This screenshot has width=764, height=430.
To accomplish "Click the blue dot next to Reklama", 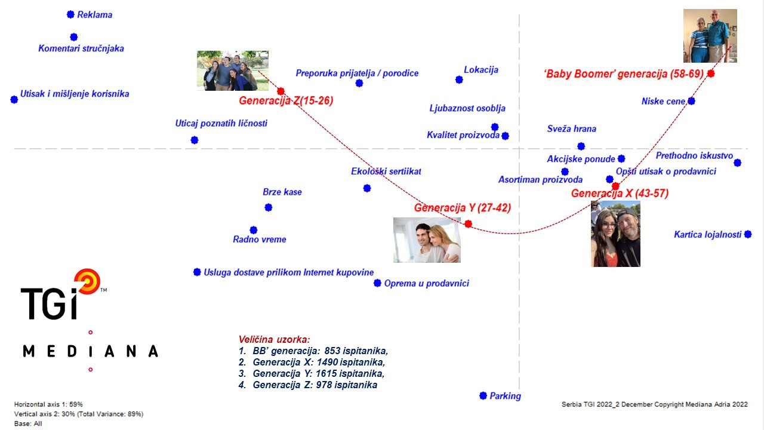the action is coord(70,14).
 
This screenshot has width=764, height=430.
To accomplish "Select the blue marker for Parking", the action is coord(483,395).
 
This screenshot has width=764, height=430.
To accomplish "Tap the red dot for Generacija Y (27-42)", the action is coord(469,224).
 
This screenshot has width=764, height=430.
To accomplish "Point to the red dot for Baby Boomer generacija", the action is coord(711,73).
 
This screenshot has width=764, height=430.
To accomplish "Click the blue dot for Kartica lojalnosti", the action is coord(748,234).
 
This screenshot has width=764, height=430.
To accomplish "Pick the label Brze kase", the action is coord(282,192).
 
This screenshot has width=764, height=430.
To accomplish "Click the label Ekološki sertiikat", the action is coord(386,171).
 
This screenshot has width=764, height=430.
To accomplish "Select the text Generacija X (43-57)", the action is coord(620,193).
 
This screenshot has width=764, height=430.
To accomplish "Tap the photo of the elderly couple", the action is coord(710,36).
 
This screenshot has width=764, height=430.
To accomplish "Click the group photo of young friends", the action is coord(233,70).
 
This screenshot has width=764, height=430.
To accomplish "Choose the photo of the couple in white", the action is coord(427,240).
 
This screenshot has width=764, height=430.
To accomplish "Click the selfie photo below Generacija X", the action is coord(615,234).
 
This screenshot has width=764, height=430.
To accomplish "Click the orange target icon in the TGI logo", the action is coord(88,281).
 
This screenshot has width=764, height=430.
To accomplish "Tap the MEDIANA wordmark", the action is coord(90,351).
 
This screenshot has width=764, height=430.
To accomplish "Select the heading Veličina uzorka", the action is coord(274,339).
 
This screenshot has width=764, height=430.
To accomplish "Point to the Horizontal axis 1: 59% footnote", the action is coord(48,404).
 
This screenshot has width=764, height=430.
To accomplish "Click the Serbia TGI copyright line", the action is coord(655,404).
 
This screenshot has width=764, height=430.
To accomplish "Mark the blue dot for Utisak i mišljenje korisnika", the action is coord(14,99).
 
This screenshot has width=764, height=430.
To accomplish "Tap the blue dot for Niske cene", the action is coord(691,101).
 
